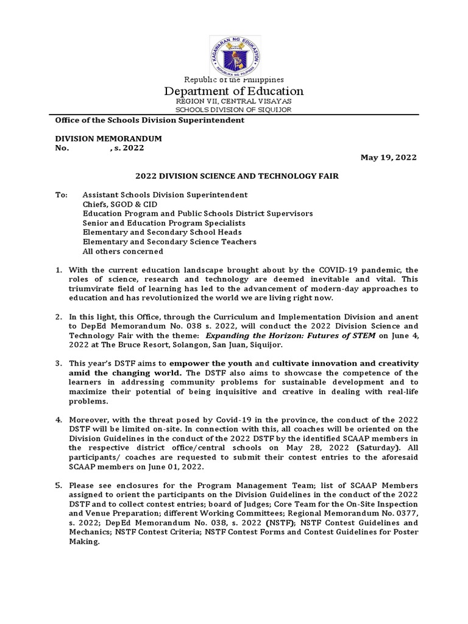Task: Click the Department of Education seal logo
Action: (x=235, y=50)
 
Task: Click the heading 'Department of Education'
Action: (x=234, y=91)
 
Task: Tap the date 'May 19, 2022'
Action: (x=388, y=157)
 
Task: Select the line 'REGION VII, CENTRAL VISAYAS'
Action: (x=234, y=101)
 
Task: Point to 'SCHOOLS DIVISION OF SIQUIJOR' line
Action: (x=234, y=110)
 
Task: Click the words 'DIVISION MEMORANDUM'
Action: (x=108, y=139)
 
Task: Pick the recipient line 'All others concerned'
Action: (x=122, y=251)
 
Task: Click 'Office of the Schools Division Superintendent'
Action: (x=150, y=120)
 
